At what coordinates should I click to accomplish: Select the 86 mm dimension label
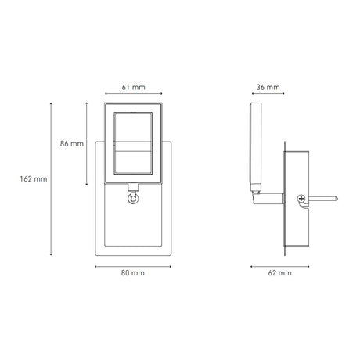71,144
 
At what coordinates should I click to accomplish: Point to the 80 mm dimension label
131,275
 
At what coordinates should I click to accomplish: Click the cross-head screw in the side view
301,202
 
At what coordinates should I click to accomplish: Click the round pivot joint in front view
131,199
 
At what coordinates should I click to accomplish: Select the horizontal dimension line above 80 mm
131,265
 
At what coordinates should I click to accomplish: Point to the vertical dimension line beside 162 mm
51,178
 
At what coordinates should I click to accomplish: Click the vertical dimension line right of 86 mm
86,144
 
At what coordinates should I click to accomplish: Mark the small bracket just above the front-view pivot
131,186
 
